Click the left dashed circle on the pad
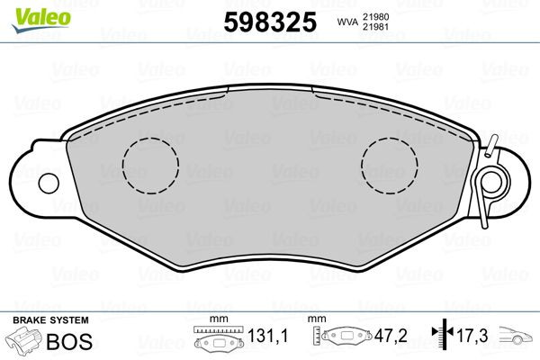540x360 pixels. tap(151, 166)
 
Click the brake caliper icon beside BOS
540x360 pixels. tap(25, 341)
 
